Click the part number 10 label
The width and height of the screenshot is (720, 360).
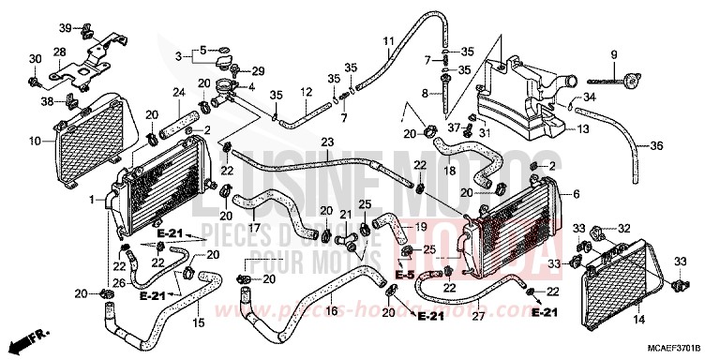point(34,142)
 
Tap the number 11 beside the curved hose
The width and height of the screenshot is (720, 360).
point(388,39)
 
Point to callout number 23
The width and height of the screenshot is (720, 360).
point(327,142)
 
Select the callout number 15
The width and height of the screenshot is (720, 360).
point(198,323)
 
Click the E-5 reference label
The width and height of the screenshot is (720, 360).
point(404,276)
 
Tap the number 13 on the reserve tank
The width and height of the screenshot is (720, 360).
point(582,129)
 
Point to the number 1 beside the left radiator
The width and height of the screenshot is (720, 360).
point(91,200)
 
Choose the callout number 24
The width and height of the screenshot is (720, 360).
point(178,91)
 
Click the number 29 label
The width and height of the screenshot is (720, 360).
point(259,71)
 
